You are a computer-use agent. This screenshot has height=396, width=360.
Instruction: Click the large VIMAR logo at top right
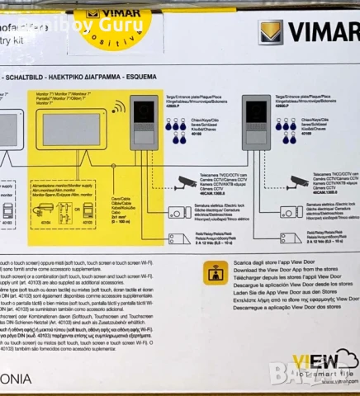point(307,33)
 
